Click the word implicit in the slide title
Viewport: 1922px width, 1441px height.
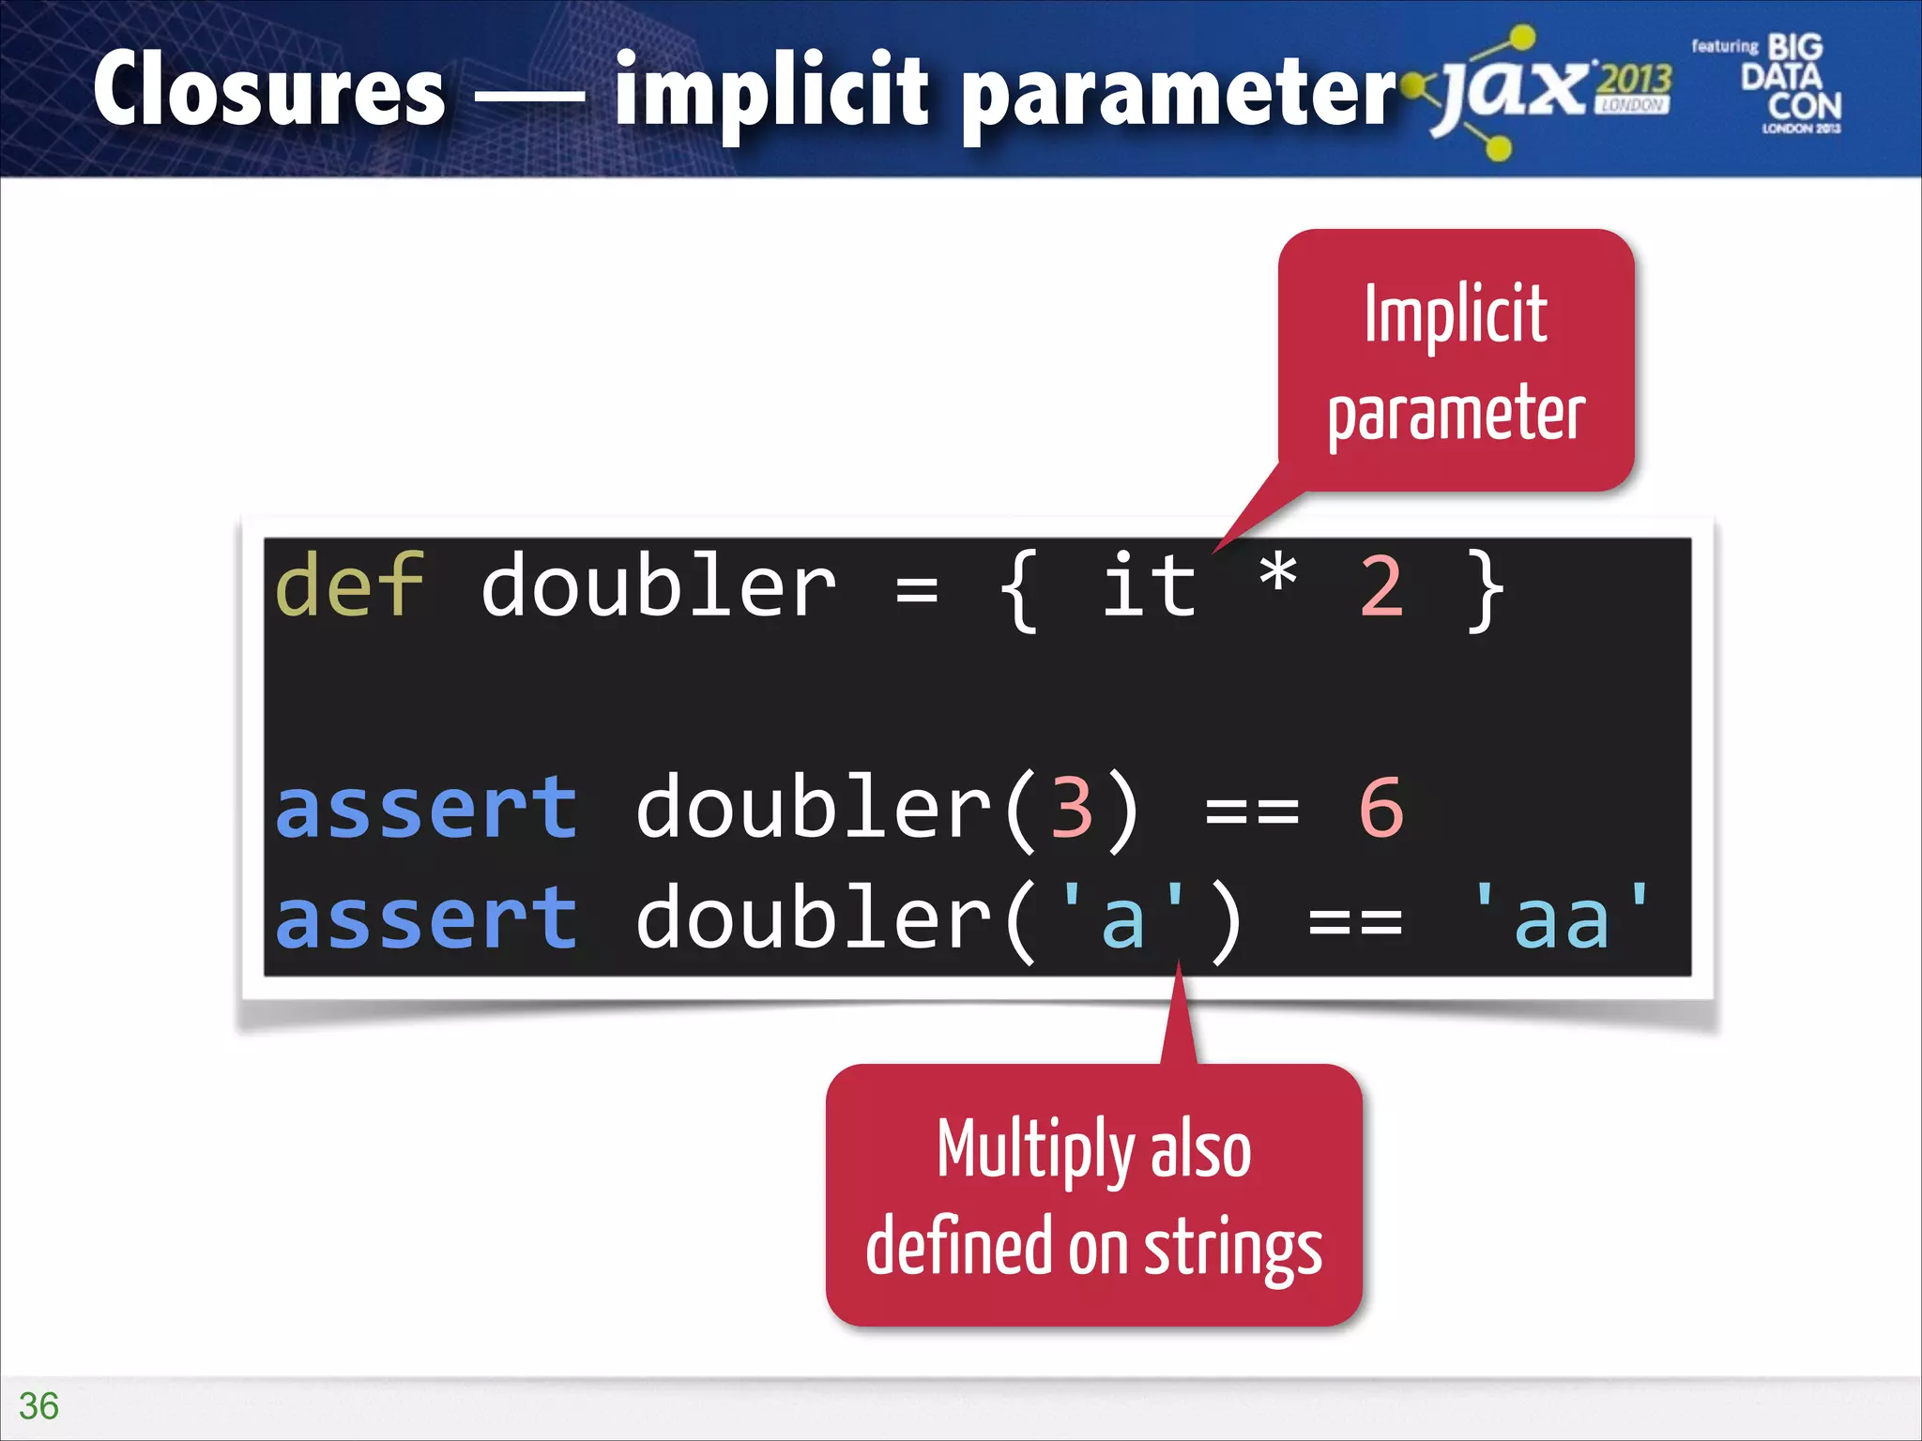click(771, 90)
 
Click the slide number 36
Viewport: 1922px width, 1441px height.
click(38, 1405)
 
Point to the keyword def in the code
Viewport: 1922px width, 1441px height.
click(349, 585)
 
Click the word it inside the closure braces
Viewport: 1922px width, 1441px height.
click(1149, 585)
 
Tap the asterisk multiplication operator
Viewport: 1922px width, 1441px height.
click(1277, 574)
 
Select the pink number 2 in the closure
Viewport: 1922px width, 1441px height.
click(1380, 587)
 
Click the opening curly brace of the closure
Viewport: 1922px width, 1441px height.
click(1019, 591)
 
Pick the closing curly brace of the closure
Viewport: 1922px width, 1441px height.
click(1485, 591)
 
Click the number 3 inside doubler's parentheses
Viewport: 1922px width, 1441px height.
click(1071, 807)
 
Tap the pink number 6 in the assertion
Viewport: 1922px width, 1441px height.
click(1380, 807)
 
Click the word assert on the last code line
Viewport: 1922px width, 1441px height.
click(426, 919)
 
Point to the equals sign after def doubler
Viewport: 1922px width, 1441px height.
click(916, 591)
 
